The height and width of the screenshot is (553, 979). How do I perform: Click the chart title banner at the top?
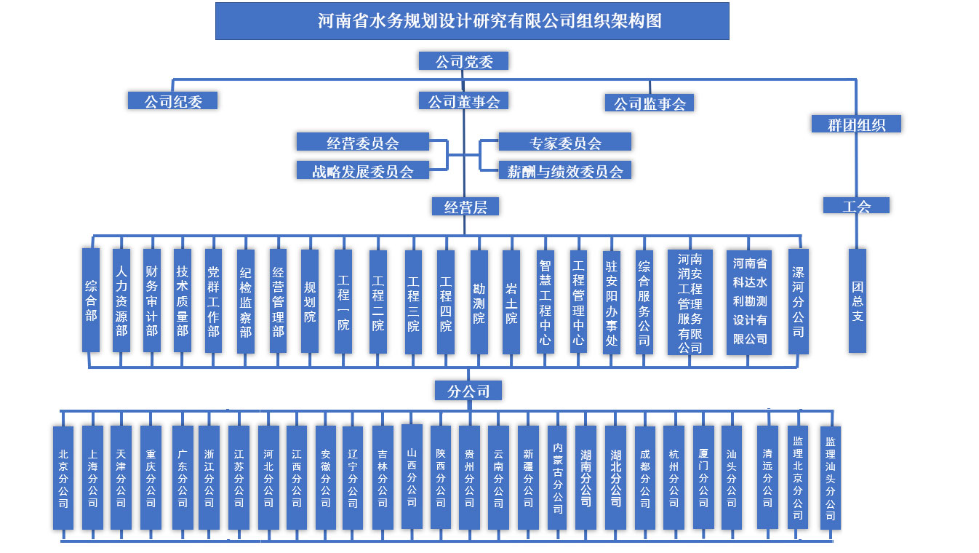pos(472,21)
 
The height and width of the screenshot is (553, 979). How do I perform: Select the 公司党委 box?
pos(463,61)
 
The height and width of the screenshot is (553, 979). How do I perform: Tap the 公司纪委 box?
pos(172,100)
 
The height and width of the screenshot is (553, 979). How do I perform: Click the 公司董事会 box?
pos(463,100)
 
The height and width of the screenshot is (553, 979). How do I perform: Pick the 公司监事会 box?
pos(650,103)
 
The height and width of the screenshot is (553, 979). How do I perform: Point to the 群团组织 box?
pos(856,124)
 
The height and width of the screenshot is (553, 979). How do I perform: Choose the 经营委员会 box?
pos(363,142)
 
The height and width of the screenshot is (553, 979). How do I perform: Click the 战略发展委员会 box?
pos(363,170)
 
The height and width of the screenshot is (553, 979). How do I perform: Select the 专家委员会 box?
pos(564,142)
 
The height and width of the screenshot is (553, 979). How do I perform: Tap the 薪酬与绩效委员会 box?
pos(564,170)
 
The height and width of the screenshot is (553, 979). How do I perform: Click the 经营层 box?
pos(465,207)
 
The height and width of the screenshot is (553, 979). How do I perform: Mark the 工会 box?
pos(856,205)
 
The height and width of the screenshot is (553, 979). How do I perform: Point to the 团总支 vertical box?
pos(857,301)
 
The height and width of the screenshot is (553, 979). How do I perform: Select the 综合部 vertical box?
pos(91,300)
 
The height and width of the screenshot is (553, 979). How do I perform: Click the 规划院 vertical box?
pos(309,301)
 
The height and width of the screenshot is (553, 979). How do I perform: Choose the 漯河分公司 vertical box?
pos(798,301)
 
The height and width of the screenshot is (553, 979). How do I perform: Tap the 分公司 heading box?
pos(468,391)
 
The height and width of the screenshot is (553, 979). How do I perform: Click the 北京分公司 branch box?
pos(63,478)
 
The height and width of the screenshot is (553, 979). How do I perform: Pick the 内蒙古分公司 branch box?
pos(557,478)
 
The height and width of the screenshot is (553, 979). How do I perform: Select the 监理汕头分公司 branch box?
pos(831,478)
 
